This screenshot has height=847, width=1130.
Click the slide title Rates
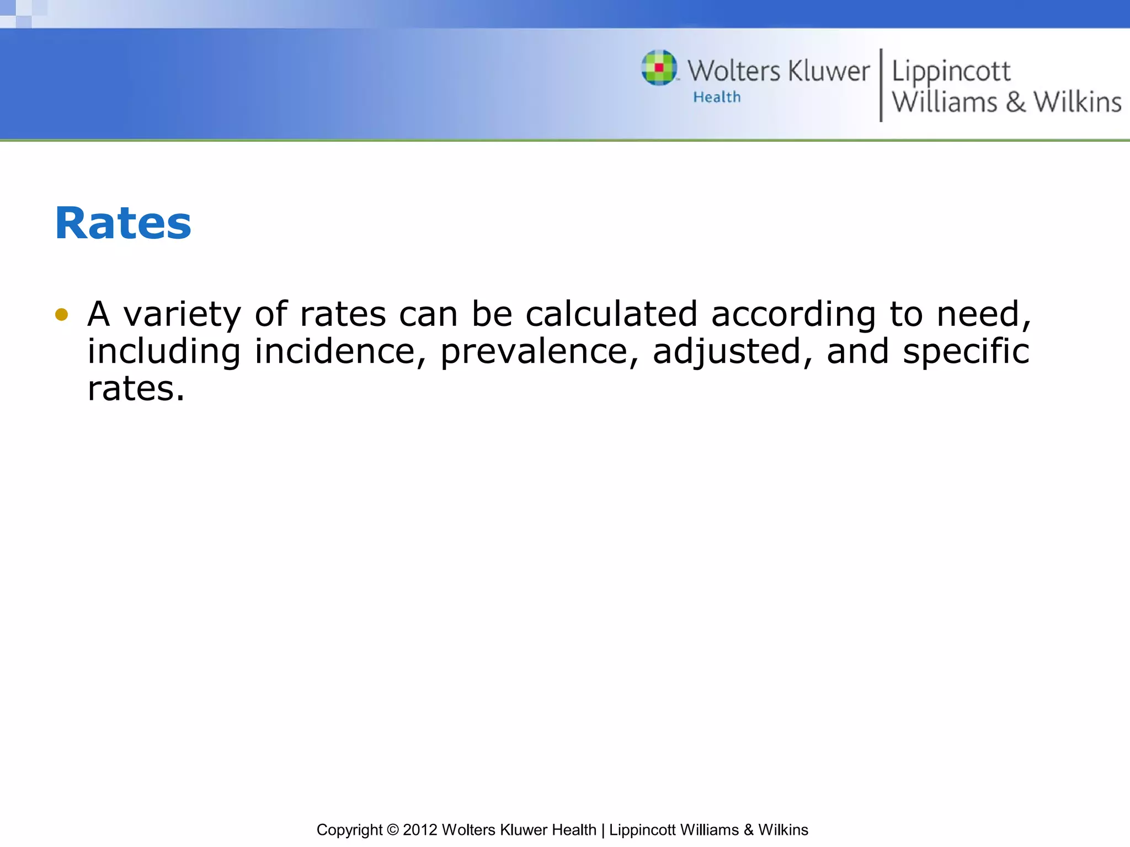(x=123, y=223)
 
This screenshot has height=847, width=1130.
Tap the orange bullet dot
(x=61, y=314)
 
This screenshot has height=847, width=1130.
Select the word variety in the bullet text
(x=182, y=314)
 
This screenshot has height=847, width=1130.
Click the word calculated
(x=612, y=314)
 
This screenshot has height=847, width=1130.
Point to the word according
(x=793, y=314)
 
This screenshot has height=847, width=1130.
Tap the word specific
(x=966, y=351)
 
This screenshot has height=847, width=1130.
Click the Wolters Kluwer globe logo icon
(x=659, y=68)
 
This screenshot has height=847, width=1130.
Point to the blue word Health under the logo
(x=717, y=97)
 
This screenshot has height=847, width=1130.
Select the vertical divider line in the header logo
(x=881, y=85)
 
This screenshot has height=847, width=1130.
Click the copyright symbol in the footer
(x=393, y=830)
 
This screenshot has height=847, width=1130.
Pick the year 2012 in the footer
(x=420, y=830)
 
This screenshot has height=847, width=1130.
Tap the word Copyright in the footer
(x=349, y=830)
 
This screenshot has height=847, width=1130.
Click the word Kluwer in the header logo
(x=828, y=71)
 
